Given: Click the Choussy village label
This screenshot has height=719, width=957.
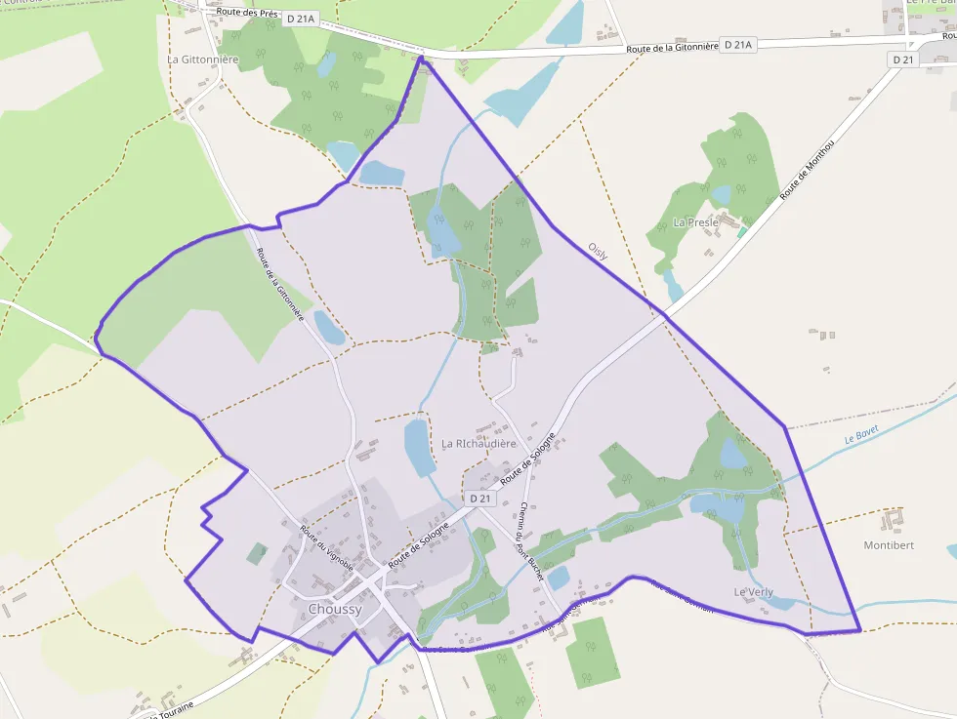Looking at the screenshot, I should coord(335,610).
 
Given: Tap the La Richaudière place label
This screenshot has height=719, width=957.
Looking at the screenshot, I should coord(478,443).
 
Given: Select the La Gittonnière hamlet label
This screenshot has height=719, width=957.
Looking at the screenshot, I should coord(203,60).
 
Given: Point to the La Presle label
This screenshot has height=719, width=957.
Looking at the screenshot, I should coord(696,222).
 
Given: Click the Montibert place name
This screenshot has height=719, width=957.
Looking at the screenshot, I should coord(889,545).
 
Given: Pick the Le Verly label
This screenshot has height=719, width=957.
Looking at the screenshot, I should coord(754,592).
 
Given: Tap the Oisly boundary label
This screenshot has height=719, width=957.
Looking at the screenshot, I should coord(598,252).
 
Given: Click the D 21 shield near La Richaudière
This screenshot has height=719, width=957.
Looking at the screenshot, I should coord(479,499).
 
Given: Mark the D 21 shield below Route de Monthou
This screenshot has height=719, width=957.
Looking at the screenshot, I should coord(902,60).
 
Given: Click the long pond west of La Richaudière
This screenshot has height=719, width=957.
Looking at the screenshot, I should coord(419,446).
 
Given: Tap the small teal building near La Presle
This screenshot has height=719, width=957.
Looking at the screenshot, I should coord(742,232).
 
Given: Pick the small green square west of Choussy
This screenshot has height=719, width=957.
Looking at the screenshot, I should coord(257,554).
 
